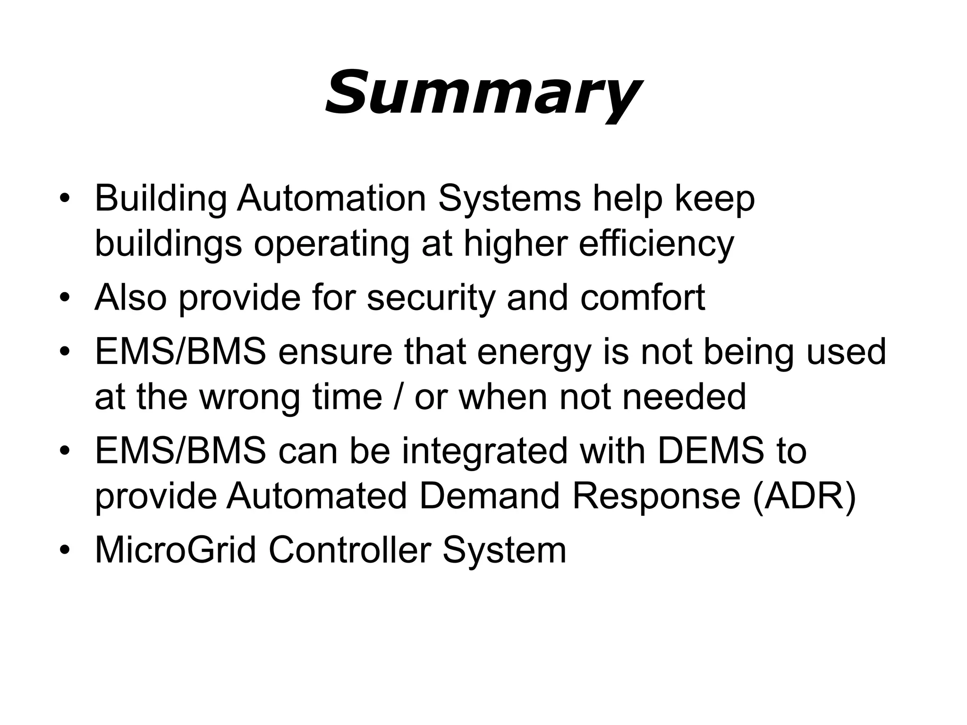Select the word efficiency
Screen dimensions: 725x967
coord(656,244)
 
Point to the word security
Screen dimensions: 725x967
coord(431,298)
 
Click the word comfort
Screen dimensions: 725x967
coord(643,298)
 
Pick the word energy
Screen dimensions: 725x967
coord(534,353)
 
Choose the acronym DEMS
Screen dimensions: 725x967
coord(711,451)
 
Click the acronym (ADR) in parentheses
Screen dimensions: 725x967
coord(804,497)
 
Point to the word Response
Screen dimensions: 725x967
coord(656,497)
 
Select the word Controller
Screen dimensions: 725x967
coord(350,550)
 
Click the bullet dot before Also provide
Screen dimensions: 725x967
coord(65,299)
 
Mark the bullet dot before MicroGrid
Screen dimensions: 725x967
coord(65,551)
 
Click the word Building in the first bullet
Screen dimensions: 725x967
coord(161,198)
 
